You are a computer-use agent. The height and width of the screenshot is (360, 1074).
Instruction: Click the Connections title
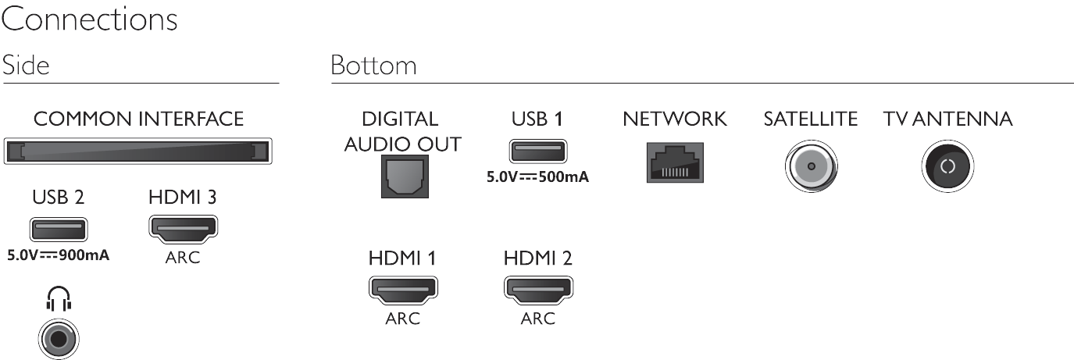[x=89, y=20]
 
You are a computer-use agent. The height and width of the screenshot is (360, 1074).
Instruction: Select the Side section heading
[x=26, y=66]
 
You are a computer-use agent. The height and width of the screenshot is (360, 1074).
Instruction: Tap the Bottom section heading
[x=373, y=66]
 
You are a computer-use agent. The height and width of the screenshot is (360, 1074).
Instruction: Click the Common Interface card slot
[x=138, y=151]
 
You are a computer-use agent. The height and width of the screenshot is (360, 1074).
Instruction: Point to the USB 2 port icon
[x=58, y=229]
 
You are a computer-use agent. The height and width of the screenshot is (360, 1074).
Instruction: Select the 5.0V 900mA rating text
[x=58, y=253]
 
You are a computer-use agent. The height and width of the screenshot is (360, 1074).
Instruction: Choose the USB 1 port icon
[x=537, y=150]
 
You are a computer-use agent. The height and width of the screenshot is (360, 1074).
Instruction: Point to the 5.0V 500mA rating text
[x=537, y=176]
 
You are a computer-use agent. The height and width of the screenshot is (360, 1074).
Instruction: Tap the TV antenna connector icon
[x=947, y=167]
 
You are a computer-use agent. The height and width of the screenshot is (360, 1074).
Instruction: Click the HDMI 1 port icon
[x=402, y=290]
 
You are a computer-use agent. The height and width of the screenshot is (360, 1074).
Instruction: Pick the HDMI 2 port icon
[x=537, y=290]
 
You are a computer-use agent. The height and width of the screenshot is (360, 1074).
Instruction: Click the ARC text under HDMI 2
[x=537, y=318]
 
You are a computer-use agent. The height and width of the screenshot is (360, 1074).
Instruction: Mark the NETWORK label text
[x=674, y=119]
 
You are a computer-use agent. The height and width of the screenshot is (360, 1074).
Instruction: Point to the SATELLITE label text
[x=810, y=119]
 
